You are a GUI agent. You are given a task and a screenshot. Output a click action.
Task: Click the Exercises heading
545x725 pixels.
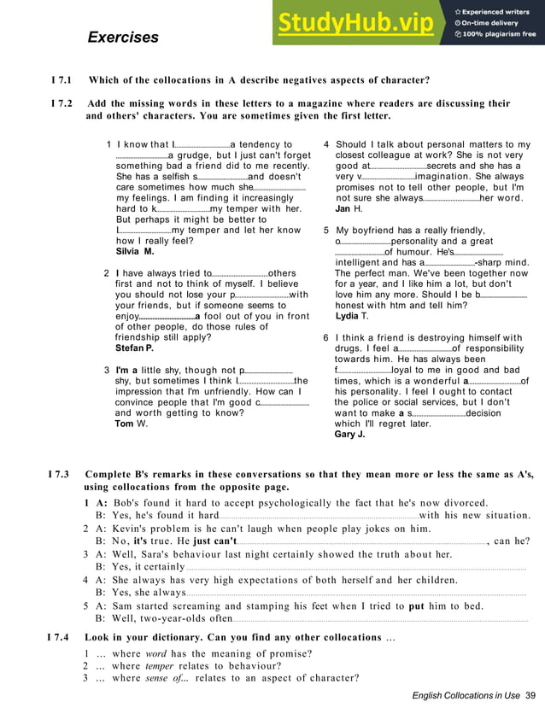(x=123, y=38)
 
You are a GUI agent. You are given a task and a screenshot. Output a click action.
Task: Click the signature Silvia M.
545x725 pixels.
(x=134, y=252)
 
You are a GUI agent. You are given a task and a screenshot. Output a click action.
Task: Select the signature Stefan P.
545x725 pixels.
(x=134, y=348)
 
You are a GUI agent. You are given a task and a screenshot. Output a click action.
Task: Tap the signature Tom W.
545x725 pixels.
(x=131, y=424)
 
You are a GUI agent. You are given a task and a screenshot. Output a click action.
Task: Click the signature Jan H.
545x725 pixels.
(x=349, y=208)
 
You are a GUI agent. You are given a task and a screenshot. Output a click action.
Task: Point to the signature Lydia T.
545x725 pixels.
(x=353, y=316)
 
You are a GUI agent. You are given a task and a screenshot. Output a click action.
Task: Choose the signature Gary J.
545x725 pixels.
(x=350, y=435)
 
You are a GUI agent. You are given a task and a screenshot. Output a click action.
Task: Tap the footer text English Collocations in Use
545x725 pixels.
(x=466, y=696)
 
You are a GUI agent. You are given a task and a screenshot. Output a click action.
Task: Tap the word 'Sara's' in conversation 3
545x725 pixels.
(x=145, y=553)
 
